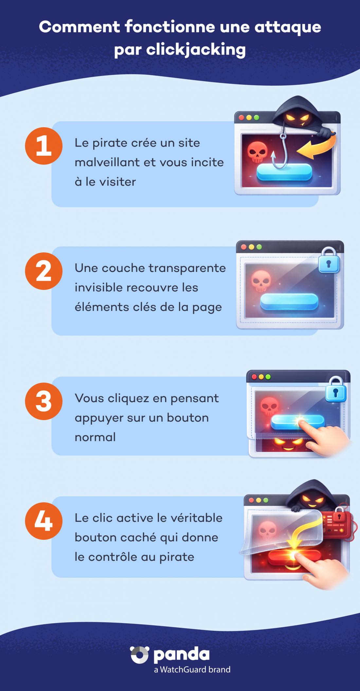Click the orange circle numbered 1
(44, 146)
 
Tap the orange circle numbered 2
(44, 271)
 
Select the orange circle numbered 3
(44, 401)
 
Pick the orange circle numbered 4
(44, 521)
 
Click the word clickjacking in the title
(196, 50)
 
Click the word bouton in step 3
(188, 418)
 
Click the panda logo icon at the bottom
(139, 655)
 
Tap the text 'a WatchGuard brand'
(192, 670)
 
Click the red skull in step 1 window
(257, 152)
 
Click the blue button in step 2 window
(289, 301)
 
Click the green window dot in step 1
(257, 117)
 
